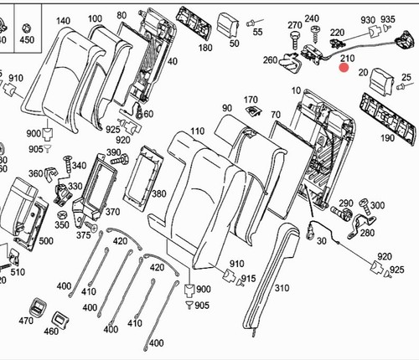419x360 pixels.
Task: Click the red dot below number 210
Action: click(344, 68)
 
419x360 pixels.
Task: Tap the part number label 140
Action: click(63, 21)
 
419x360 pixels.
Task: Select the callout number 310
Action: click(282, 288)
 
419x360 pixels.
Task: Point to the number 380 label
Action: click(158, 193)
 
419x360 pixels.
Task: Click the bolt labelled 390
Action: click(120, 160)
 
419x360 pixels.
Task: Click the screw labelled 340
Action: click(68, 165)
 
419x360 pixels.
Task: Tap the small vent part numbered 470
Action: click(38, 307)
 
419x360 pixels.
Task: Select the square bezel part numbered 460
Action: click(60, 319)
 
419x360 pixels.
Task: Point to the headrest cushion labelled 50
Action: click(228, 24)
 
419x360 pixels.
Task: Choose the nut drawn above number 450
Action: click(26, 28)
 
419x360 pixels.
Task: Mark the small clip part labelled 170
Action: click(254, 111)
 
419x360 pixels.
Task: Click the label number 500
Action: click(46, 241)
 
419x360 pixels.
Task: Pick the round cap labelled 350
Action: click(62, 215)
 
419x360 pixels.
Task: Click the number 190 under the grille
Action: click(388, 138)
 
